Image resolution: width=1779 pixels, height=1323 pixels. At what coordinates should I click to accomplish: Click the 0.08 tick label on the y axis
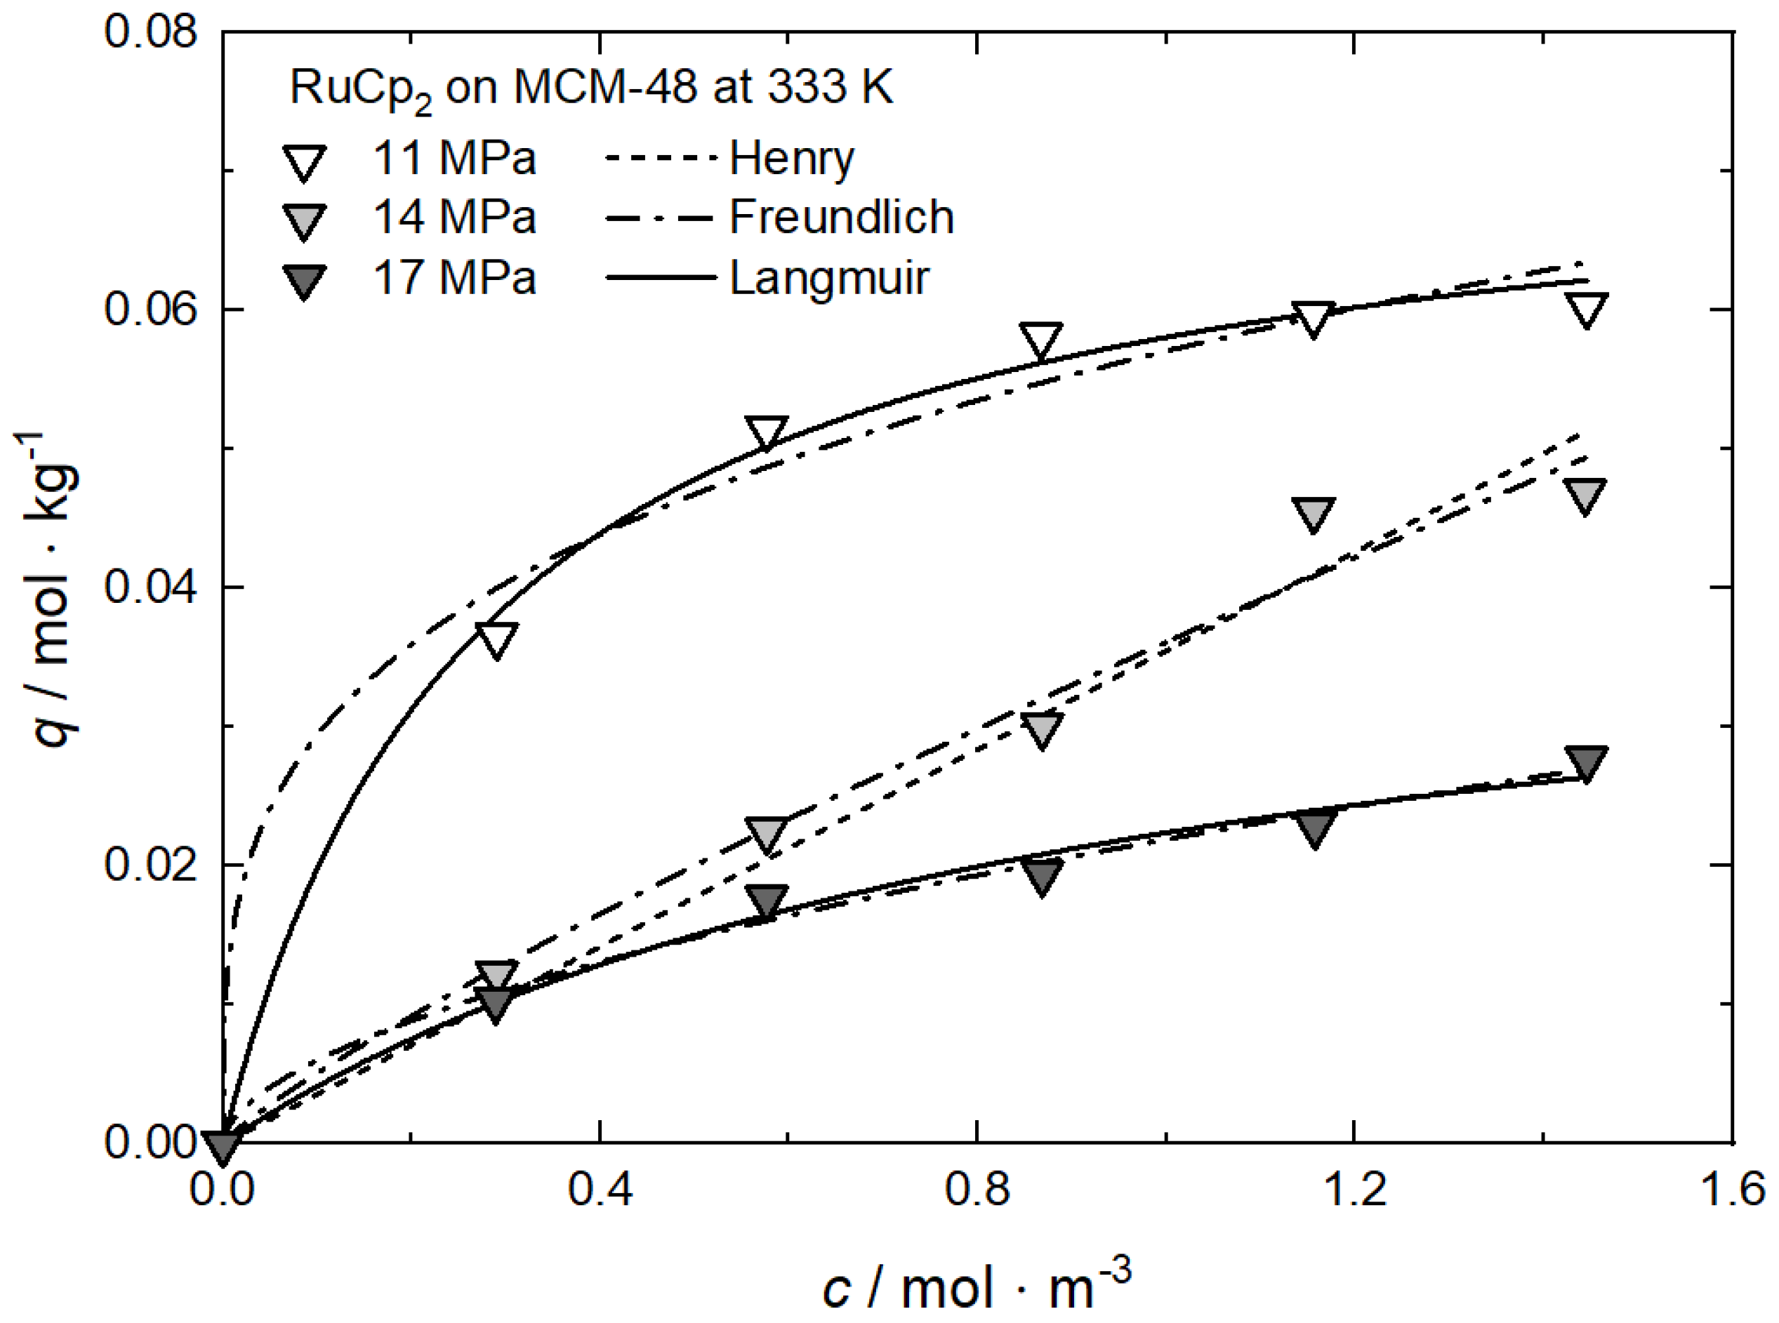(150, 34)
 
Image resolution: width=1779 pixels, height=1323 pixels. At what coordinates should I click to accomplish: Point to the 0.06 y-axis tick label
(150, 311)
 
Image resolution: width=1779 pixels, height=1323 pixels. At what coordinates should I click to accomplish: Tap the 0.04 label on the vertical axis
(150, 589)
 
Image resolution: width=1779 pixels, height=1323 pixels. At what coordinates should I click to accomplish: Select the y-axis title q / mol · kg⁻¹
(50, 589)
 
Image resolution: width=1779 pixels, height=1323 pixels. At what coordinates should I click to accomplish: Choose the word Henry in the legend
(791, 159)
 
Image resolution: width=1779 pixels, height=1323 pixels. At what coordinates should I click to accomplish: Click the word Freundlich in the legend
(841, 217)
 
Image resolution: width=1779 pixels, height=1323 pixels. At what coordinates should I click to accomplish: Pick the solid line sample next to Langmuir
(660, 278)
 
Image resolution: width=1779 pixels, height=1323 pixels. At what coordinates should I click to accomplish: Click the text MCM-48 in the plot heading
(604, 86)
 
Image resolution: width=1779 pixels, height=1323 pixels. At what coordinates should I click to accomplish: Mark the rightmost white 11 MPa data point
(1586, 310)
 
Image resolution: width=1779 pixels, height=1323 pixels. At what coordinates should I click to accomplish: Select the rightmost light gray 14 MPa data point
(1585, 496)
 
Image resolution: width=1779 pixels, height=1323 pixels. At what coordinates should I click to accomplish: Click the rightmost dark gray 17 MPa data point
(1586, 763)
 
